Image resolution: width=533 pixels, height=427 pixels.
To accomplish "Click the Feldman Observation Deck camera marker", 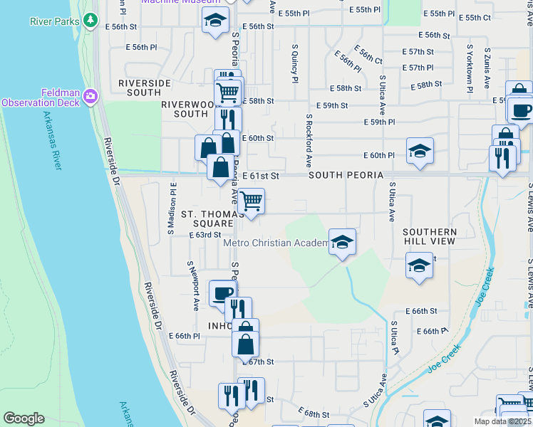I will coord(90,95).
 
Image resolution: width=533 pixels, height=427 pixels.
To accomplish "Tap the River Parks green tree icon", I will coord(90,21).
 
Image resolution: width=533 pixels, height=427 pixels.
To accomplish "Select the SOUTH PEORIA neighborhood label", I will coord(346,175).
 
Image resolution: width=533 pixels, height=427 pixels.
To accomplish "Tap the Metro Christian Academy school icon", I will coord(342,241).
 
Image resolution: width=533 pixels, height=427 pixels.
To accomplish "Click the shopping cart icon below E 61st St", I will coord(251,201).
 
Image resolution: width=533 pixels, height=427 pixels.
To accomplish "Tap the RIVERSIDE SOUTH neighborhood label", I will coord(145,88).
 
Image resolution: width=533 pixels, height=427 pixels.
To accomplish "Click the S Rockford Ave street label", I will coord(309,141).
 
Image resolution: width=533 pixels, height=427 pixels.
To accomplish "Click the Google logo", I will coord(24,418).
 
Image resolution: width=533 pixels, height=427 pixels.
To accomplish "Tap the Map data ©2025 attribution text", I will coord(503,421).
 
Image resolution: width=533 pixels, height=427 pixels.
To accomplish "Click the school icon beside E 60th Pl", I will coord(420,151).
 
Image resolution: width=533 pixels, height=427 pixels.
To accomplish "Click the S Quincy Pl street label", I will coord(294,63).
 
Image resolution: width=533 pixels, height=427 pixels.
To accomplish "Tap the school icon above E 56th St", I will coord(215,21).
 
